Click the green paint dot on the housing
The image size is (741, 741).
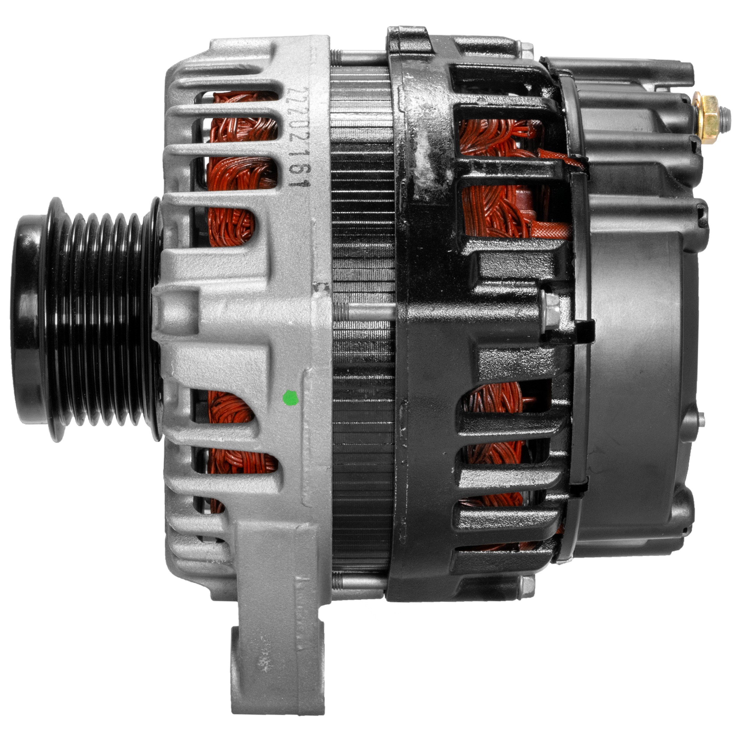click(x=290, y=398)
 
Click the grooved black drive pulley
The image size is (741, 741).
click(x=86, y=320)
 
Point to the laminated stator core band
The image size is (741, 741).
click(x=362, y=318)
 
